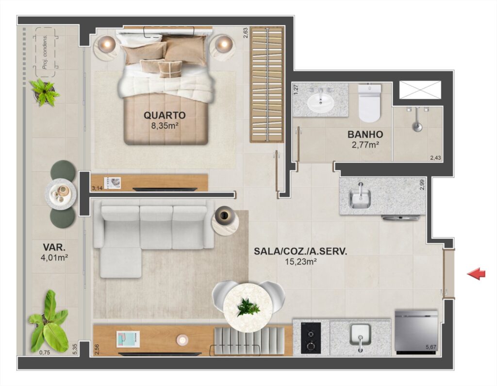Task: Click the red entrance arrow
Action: [476, 274]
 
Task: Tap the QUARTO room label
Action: [165, 115]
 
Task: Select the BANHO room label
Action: [365, 134]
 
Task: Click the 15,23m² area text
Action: [301, 262]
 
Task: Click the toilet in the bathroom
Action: [369, 103]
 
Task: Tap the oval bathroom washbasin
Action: [321, 102]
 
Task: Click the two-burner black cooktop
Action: [311, 338]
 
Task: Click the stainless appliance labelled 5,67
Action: [416, 333]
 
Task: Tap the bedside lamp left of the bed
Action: [108, 43]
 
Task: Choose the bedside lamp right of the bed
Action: [224, 43]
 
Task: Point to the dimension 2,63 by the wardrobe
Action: [245, 33]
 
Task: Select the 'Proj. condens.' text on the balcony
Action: [45, 52]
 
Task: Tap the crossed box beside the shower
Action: [420, 90]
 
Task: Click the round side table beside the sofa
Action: [225, 220]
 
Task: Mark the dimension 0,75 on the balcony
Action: [44, 352]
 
